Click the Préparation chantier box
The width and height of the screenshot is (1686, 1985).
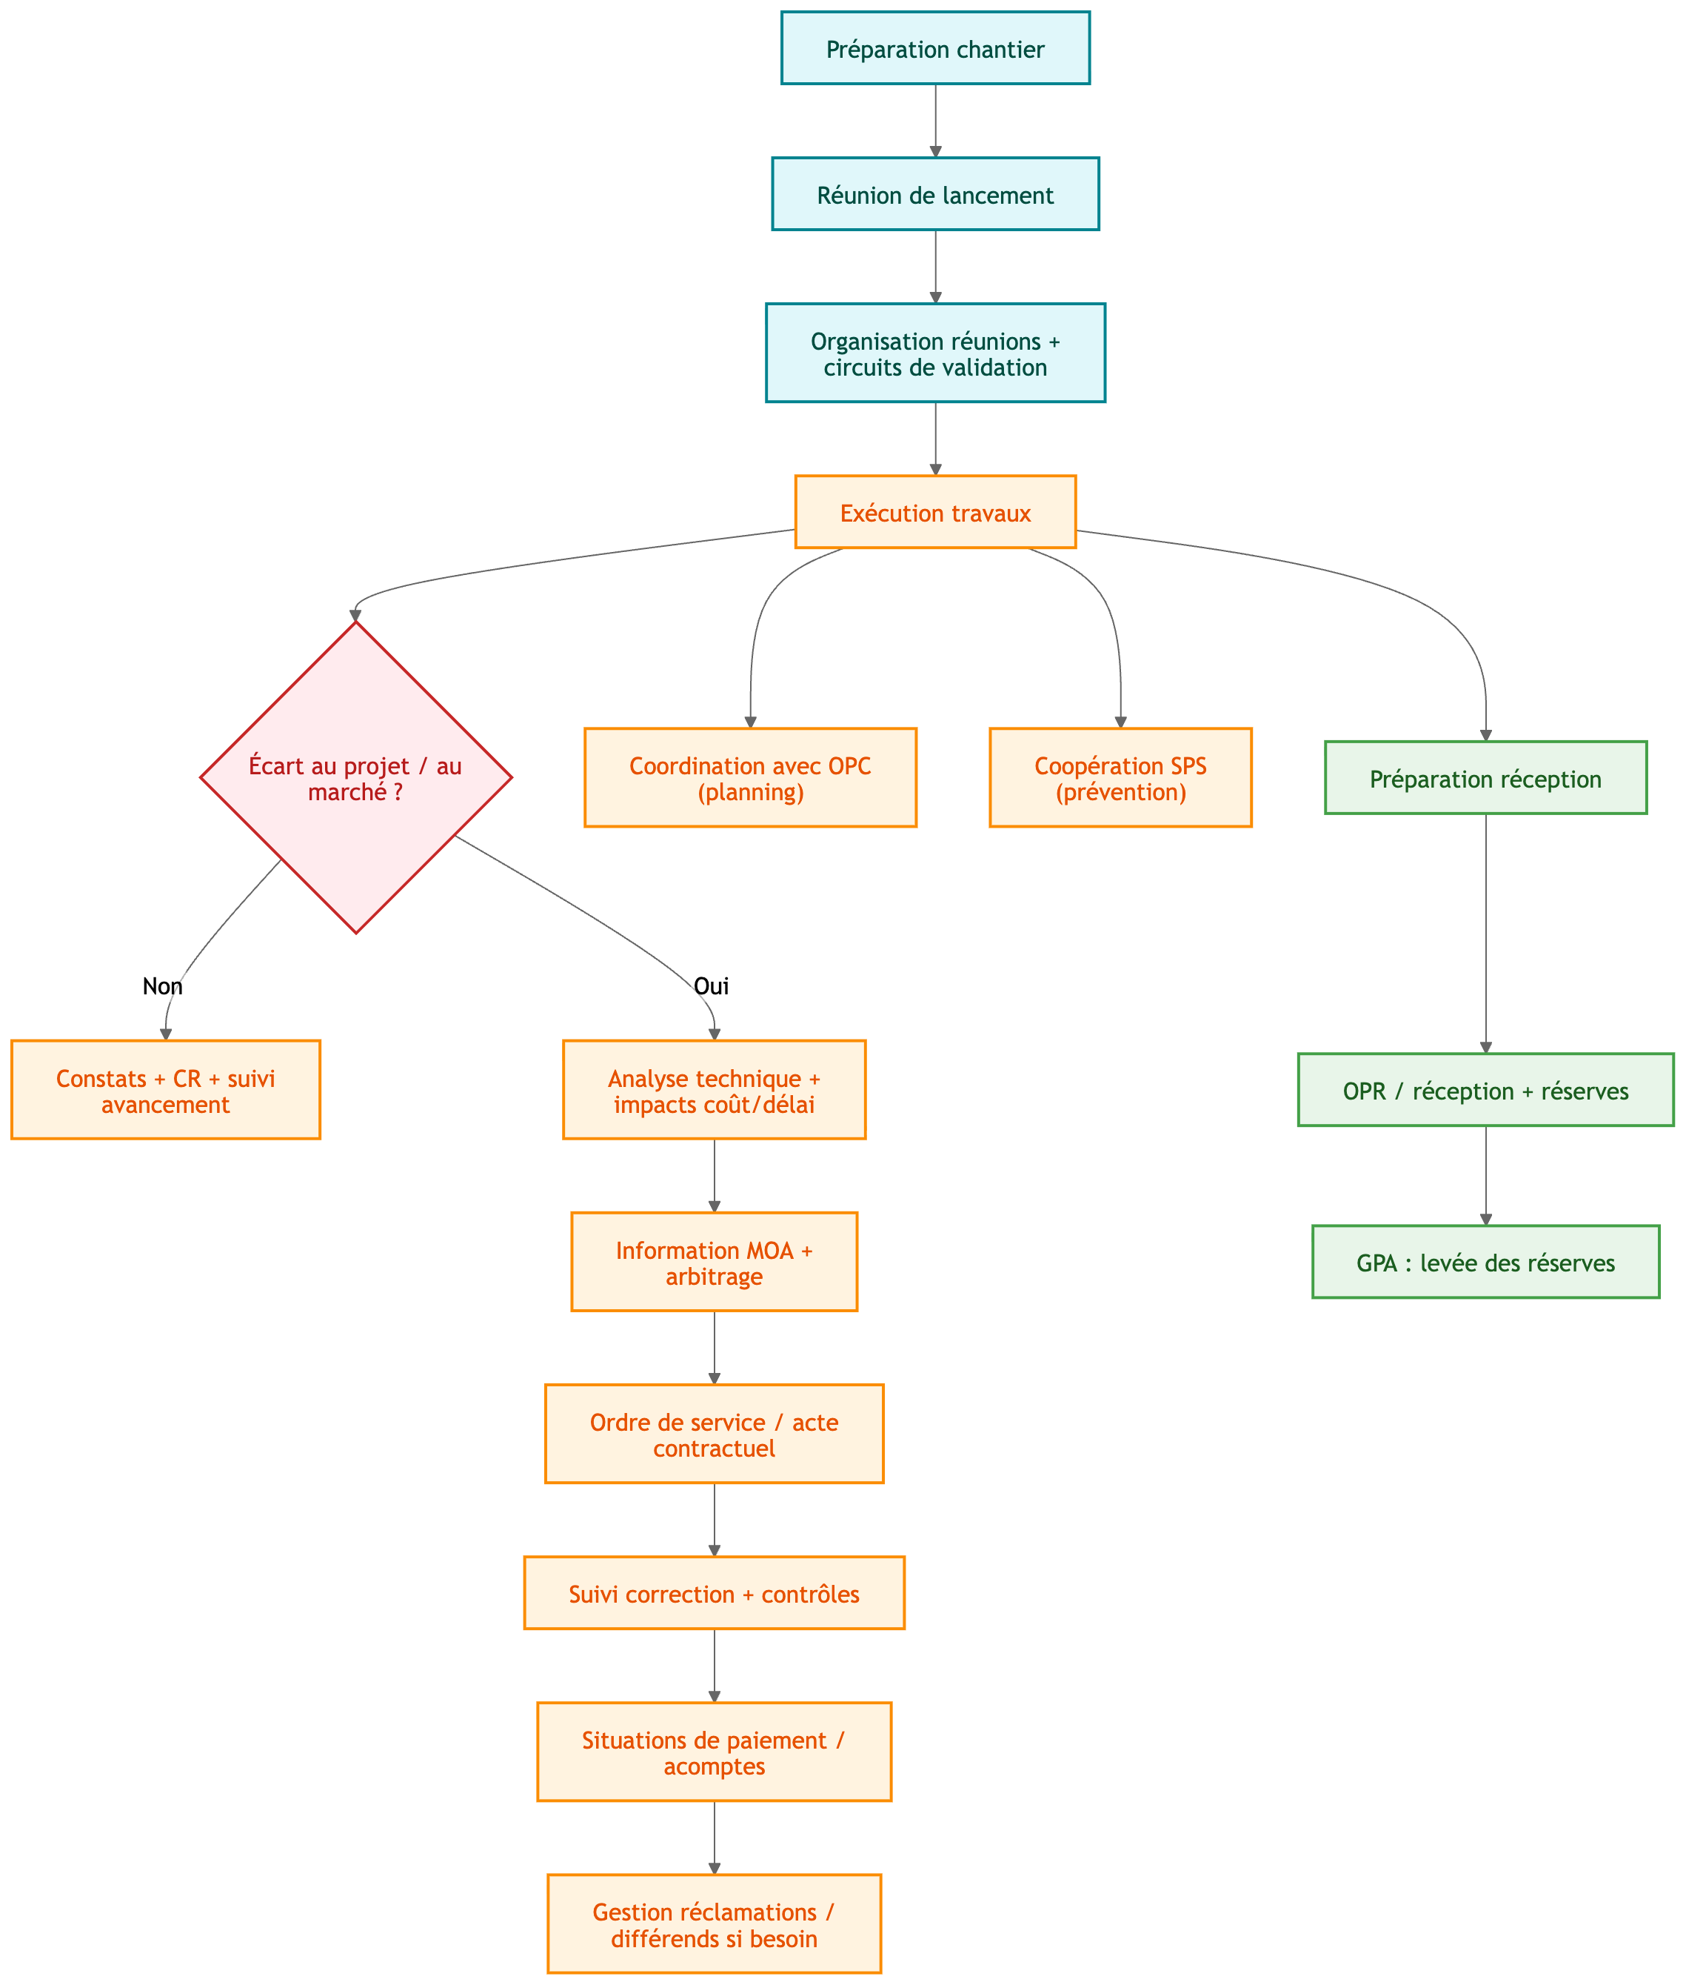934,49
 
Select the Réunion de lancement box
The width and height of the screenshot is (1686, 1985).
934,194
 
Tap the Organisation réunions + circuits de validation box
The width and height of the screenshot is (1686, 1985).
934,353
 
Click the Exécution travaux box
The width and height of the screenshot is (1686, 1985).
934,513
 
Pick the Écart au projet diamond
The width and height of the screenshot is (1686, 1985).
355,777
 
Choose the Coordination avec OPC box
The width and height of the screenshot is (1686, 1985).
750,777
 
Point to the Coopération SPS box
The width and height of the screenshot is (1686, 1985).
1120,777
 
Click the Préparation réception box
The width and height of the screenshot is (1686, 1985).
1485,778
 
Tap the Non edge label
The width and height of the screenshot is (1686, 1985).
162,985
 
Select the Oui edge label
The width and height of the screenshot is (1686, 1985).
711,985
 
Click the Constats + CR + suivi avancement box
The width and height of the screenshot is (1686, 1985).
165,1090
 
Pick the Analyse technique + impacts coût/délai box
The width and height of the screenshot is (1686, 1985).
714,1090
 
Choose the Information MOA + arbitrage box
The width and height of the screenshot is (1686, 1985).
714,1262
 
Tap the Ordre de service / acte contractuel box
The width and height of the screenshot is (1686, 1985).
714,1434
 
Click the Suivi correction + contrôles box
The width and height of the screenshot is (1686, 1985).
714,1594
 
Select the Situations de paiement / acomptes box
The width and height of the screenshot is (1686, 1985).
714,1752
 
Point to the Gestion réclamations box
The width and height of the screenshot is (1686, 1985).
714,1925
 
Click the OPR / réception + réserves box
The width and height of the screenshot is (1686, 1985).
1485,1091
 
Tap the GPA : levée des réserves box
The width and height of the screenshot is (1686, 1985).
1485,1262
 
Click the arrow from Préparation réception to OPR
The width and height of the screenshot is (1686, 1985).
1485,932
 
